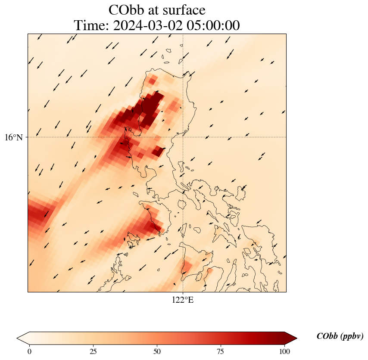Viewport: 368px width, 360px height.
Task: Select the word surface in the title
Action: [x=183, y=10]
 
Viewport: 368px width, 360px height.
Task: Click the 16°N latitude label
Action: [x=16, y=137]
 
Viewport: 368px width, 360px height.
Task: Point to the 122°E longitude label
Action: [x=183, y=300]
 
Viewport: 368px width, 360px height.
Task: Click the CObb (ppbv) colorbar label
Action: [x=340, y=336]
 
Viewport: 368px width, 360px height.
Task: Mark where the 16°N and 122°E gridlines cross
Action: [x=183, y=137]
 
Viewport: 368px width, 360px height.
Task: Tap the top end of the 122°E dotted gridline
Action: [x=183, y=34]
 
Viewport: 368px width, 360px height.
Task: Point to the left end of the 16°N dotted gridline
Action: [x=29, y=137]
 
